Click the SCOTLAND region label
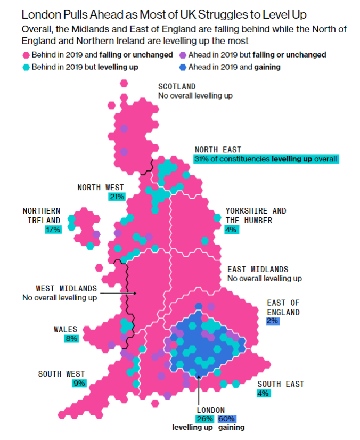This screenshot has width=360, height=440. [177, 86]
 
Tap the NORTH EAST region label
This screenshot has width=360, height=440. [217, 150]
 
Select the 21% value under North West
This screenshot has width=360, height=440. [117, 197]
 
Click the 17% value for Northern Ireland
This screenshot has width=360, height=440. [53, 230]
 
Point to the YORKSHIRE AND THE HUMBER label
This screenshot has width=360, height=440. [255, 215]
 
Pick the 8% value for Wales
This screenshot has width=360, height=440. [72, 338]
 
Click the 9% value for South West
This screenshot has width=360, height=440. [79, 383]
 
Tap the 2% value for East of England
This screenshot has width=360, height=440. [273, 321]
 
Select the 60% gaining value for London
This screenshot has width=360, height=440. [226, 419]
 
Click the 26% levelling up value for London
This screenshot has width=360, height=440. [205, 419]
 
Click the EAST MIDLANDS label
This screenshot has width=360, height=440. [257, 270]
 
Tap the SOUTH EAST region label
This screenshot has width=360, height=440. [281, 384]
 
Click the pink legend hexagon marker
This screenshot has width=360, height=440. [25, 55]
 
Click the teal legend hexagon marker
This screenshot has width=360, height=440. [25, 67]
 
